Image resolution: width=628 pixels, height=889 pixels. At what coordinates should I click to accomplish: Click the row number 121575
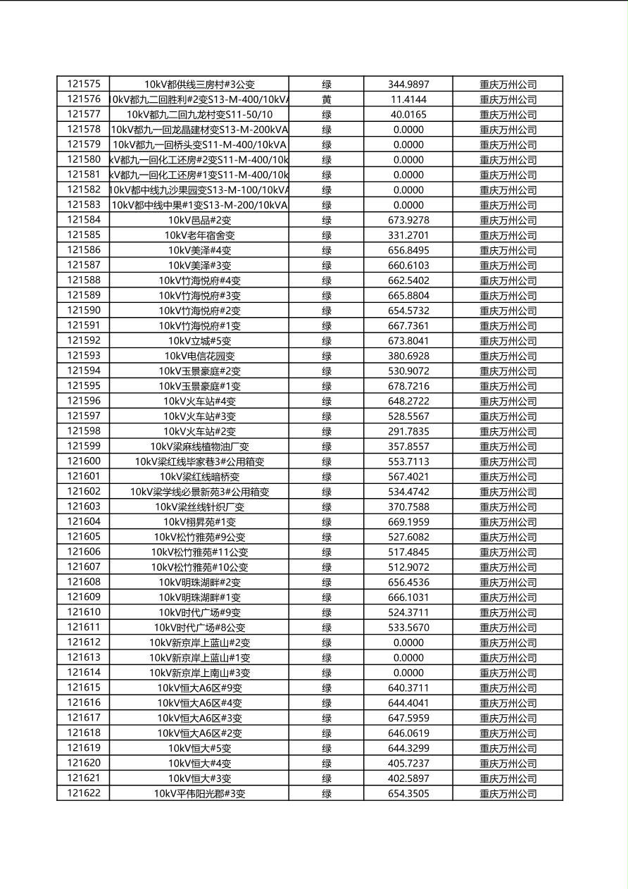click(84, 84)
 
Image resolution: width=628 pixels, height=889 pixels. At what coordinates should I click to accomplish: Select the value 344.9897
click(408, 85)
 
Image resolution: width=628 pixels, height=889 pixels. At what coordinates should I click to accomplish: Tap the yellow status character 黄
click(327, 99)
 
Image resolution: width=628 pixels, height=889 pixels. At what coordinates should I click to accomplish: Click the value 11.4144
click(408, 99)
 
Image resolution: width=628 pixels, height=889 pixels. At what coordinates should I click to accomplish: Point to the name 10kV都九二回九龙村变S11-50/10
click(199, 114)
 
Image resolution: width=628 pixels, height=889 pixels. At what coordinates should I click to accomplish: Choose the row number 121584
click(84, 220)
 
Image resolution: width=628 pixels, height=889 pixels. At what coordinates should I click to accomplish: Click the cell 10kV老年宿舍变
click(199, 235)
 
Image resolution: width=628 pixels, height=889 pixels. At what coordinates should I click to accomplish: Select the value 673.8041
click(408, 341)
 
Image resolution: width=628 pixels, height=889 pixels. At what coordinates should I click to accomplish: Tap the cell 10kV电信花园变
click(199, 356)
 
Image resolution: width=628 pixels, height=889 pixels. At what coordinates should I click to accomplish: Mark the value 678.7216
click(408, 386)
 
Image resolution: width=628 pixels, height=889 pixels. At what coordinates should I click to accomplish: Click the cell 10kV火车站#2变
click(199, 431)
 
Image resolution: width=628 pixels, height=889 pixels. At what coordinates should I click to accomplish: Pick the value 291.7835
click(408, 431)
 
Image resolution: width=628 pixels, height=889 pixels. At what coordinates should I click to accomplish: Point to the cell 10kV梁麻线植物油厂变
click(199, 447)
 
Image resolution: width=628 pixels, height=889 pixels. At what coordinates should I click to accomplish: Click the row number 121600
click(84, 461)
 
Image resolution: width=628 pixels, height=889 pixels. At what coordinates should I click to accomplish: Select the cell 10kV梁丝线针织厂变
click(199, 506)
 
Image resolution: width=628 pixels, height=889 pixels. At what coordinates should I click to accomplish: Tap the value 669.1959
click(408, 522)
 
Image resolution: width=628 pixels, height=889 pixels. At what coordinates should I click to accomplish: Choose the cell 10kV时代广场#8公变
click(199, 628)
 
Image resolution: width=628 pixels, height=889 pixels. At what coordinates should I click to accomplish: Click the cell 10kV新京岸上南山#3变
click(199, 673)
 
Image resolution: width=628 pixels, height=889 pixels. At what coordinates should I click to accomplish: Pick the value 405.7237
click(408, 763)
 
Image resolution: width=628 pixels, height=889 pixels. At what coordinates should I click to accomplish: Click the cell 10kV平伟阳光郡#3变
click(199, 793)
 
